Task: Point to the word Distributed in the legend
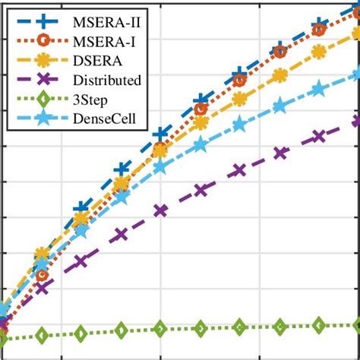click(x=103, y=78)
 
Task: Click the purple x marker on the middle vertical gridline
click(x=160, y=210)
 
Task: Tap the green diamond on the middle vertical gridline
click(x=160, y=329)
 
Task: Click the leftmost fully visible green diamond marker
click(x=42, y=336)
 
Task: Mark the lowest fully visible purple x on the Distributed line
click(x=42, y=287)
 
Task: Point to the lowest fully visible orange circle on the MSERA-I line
click(x=42, y=275)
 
